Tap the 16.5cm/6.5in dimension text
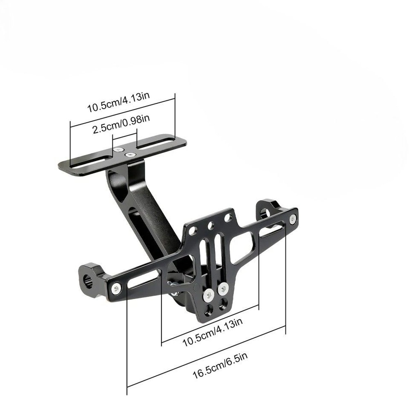coord(220,364)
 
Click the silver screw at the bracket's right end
coord(292,219)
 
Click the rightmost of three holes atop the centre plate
coord(227,219)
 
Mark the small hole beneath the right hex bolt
coord(224,305)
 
